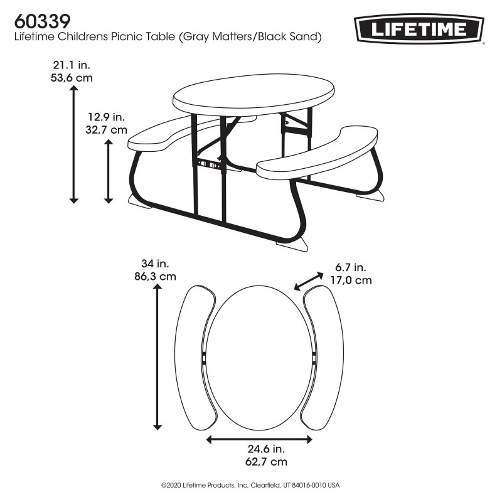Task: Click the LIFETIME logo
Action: coord(420,29)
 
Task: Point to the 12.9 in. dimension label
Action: coord(106,117)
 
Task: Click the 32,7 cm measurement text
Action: coord(106,130)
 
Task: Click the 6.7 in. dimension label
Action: coord(350,268)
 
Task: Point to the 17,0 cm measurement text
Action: coord(351,280)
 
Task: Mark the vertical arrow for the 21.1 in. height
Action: coord(73,144)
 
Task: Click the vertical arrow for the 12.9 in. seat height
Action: coord(109,171)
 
